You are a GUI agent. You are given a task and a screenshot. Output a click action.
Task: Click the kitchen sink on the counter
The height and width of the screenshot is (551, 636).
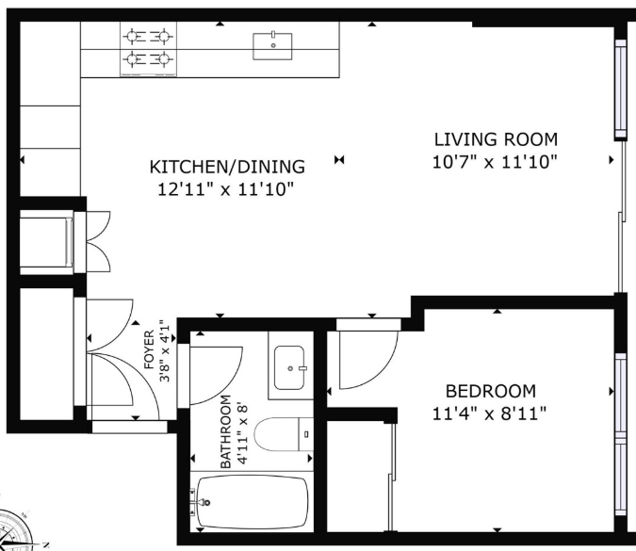click(x=272, y=46)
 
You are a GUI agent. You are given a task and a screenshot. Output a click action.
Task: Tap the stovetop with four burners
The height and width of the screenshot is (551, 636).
click(x=149, y=49)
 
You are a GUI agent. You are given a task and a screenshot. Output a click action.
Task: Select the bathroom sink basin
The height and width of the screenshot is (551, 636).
click(x=289, y=367)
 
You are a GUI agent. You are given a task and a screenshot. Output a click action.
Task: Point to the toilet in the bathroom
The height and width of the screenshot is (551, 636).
click(x=284, y=434)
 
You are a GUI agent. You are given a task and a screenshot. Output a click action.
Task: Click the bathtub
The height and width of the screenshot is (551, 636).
click(x=252, y=502)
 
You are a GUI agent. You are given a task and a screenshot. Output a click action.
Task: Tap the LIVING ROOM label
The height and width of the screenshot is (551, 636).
click(x=496, y=139)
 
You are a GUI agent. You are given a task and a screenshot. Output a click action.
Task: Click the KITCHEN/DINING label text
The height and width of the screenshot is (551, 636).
click(x=227, y=167)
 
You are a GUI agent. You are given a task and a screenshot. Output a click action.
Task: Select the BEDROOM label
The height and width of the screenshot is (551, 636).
click(x=491, y=391)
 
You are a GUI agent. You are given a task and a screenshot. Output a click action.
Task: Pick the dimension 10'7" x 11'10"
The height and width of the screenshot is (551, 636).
click(x=495, y=162)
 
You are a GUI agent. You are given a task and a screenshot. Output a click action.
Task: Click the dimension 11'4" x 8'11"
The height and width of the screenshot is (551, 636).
click(x=489, y=414)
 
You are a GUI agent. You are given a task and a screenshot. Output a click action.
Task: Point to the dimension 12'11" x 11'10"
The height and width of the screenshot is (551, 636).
click(x=225, y=189)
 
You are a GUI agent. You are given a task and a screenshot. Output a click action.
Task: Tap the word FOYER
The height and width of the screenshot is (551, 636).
click(x=149, y=349)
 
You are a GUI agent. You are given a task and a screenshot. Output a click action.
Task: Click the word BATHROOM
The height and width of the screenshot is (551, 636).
click(x=225, y=431)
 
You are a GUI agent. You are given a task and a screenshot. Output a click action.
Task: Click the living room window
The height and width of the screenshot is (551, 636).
click(x=621, y=89)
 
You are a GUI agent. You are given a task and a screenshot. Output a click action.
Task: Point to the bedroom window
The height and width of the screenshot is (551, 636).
click(x=621, y=434)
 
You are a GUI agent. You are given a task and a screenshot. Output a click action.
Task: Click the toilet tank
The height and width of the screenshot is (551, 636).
click(x=306, y=434)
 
